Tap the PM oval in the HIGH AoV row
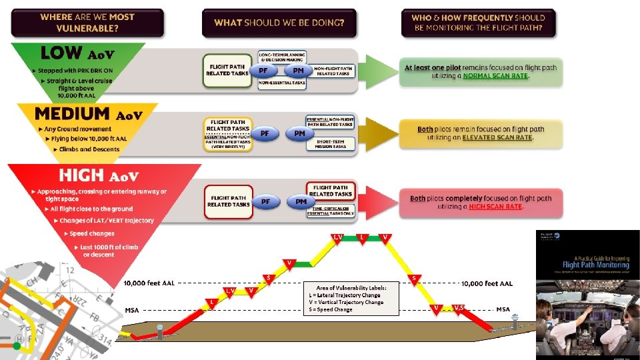[x=301, y=201]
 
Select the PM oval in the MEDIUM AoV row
[x=299, y=134]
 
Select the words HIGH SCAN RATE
[x=495, y=207]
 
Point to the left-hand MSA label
[x=132, y=310]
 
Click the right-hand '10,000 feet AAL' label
[x=487, y=283]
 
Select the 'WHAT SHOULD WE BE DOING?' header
[x=279, y=23]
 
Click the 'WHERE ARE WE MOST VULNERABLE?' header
[x=87, y=23]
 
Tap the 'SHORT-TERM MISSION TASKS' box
[x=331, y=143]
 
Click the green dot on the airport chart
[x=16, y=346]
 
